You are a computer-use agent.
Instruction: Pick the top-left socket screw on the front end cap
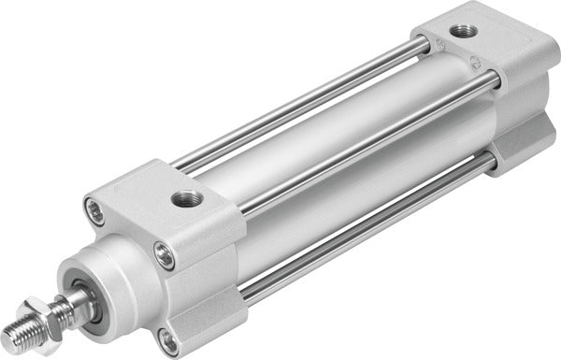point(91,207)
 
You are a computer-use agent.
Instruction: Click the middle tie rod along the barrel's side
point(365,140)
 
